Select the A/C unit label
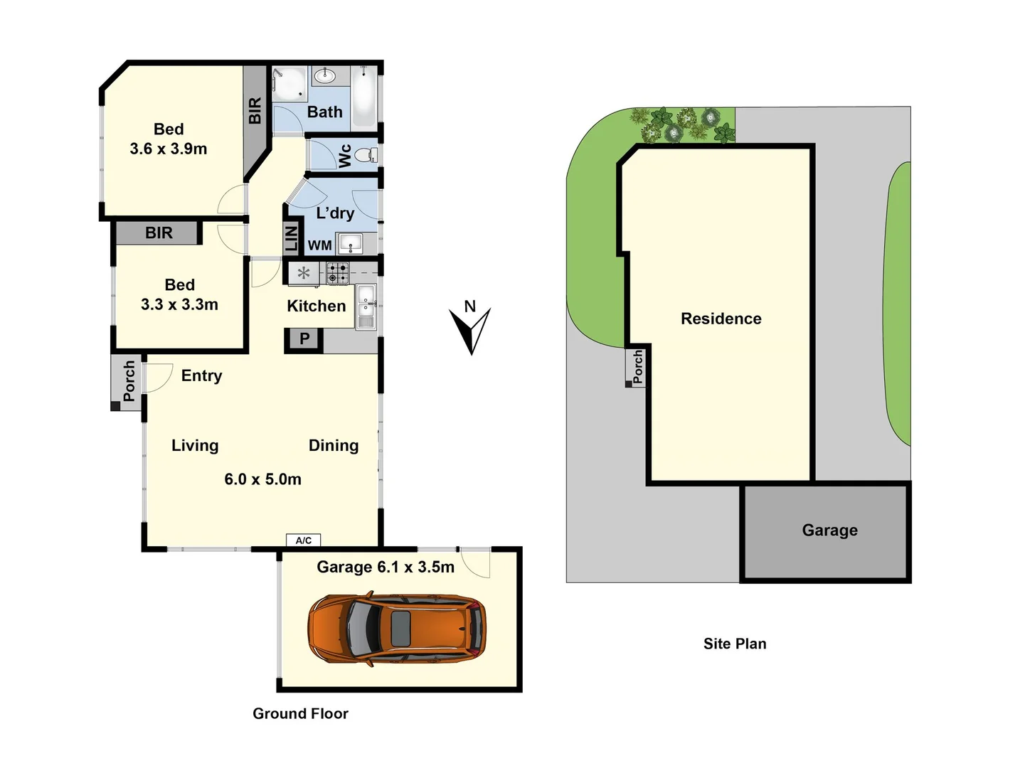(304, 540)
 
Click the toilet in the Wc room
(366, 154)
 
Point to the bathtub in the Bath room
(364, 97)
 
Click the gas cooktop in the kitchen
(338, 273)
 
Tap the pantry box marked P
(304, 339)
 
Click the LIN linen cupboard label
(292, 238)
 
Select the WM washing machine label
(319, 245)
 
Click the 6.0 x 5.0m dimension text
(262, 479)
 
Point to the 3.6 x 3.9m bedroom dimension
(169, 149)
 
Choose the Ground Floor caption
(300, 713)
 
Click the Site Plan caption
(735, 644)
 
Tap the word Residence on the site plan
(721, 319)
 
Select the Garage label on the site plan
(829, 530)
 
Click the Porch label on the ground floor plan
(129, 381)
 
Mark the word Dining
(334, 445)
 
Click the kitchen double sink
(366, 306)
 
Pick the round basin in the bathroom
(325, 75)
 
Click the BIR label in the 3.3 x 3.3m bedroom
(159, 233)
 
